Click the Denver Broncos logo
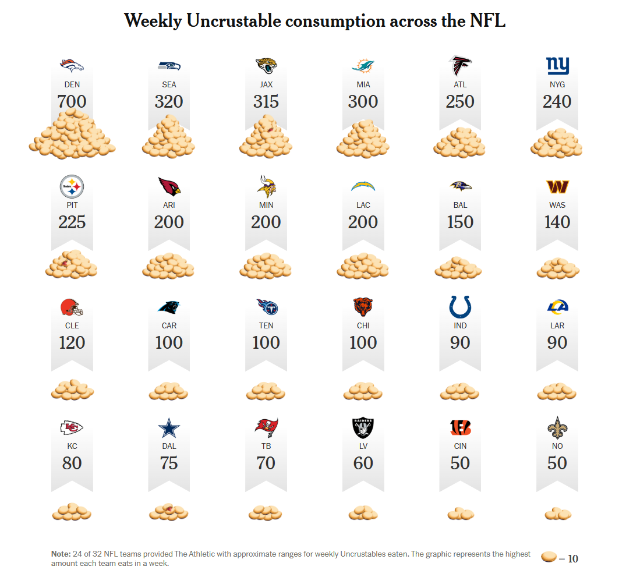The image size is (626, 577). click(x=72, y=65)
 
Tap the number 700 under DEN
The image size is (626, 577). click(x=72, y=102)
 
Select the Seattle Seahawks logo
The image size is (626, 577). click(x=169, y=66)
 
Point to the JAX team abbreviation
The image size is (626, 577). click(x=266, y=84)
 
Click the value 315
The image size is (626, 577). click(x=266, y=102)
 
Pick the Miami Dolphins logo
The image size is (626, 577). click(x=363, y=66)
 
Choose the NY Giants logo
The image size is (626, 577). click(x=557, y=66)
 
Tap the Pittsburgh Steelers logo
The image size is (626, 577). click(x=72, y=187)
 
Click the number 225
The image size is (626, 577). click(x=72, y=222)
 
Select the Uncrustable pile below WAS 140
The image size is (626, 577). click(x=557, y=268)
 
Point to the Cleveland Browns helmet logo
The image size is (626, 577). click(x=72, y=307)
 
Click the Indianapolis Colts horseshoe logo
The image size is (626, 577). click(x=460, y=307)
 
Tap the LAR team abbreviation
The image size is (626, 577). click(x=557, y=325)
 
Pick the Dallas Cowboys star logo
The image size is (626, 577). click(x=169, y=428)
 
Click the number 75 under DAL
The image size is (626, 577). click(x=169, y=463)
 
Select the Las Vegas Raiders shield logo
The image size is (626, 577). click(x=363, y=429)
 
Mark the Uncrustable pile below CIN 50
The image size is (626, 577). click(x=460, y=514)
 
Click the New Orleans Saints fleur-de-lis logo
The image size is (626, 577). click(x=557, y=428)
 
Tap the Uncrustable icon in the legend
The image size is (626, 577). click(x=548, y=558)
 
